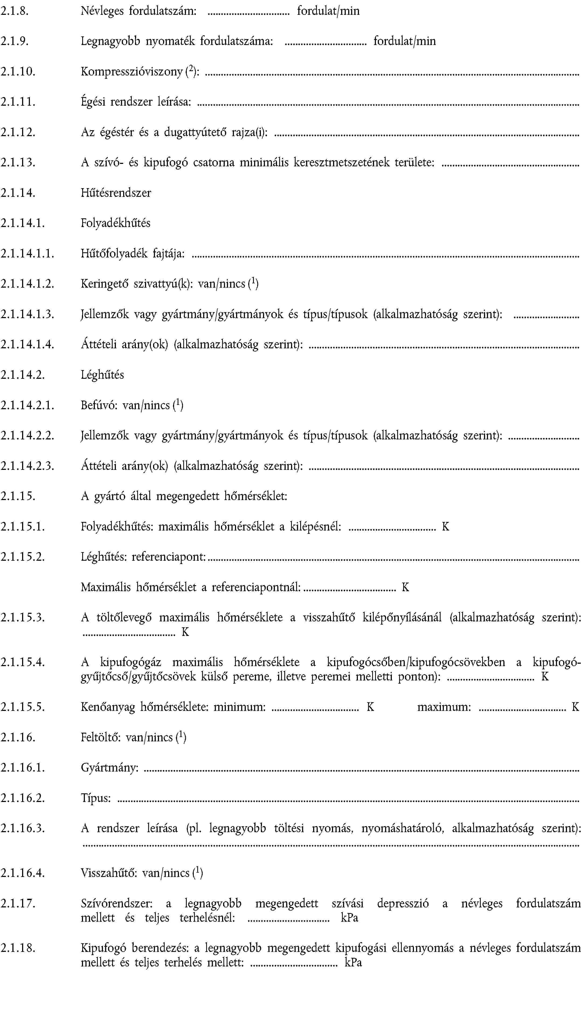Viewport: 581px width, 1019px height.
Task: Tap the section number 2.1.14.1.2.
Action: (x=27, y=284)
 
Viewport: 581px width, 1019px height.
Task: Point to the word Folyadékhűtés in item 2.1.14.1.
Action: (x=115, y=223)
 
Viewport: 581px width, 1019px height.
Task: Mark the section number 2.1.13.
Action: (x=18, y=163)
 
